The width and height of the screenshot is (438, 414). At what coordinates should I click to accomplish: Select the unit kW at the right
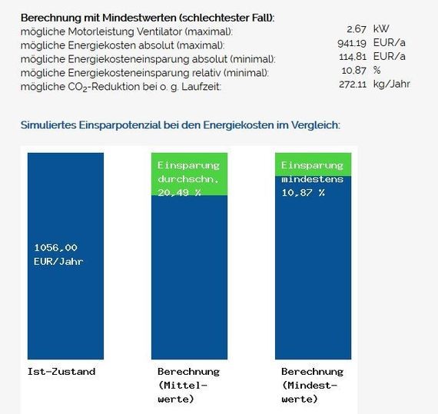tap(381, 30)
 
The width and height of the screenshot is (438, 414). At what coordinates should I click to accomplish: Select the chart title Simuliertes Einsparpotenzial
tap(181, 124)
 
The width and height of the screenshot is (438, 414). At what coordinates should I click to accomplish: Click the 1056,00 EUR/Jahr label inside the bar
tap(58, 254)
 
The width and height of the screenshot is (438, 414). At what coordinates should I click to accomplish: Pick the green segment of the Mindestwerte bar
tap(313, 164)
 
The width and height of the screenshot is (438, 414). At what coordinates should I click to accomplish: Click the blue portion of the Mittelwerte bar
tap(189, 277)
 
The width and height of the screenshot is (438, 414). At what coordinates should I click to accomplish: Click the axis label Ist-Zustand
tap(61, 372)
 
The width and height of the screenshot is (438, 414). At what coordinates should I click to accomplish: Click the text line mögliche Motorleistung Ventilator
tap(127, 30)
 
